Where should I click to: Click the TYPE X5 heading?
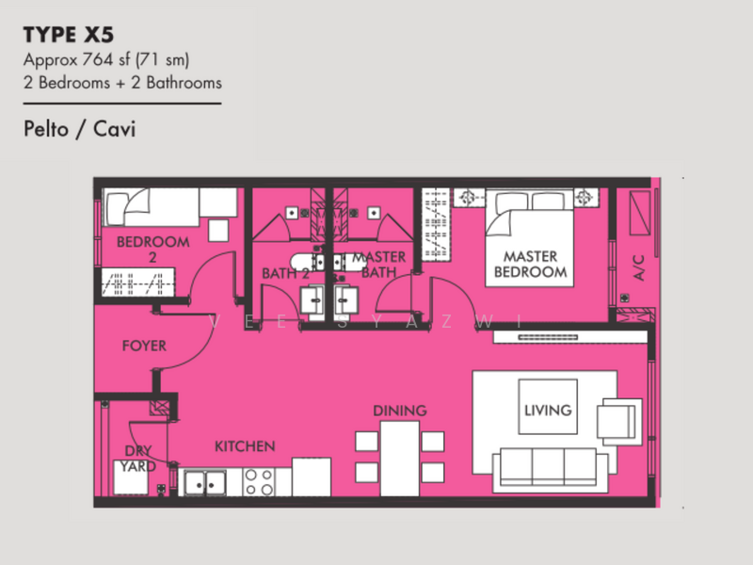69,35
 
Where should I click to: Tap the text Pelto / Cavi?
80,129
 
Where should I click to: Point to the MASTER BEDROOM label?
530,265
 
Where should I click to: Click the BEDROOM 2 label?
152,249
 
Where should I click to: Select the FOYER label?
144,346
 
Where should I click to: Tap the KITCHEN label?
245,446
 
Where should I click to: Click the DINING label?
400,411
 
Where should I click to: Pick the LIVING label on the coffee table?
548,410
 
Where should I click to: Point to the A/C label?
638,268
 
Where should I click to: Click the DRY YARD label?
138,459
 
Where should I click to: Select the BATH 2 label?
285,273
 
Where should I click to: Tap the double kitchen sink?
205,482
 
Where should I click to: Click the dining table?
399,459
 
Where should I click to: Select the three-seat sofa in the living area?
549,470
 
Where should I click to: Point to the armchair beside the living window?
619,421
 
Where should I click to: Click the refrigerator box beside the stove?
312,477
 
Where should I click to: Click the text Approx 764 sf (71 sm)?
106,60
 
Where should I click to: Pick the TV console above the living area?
570,337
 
